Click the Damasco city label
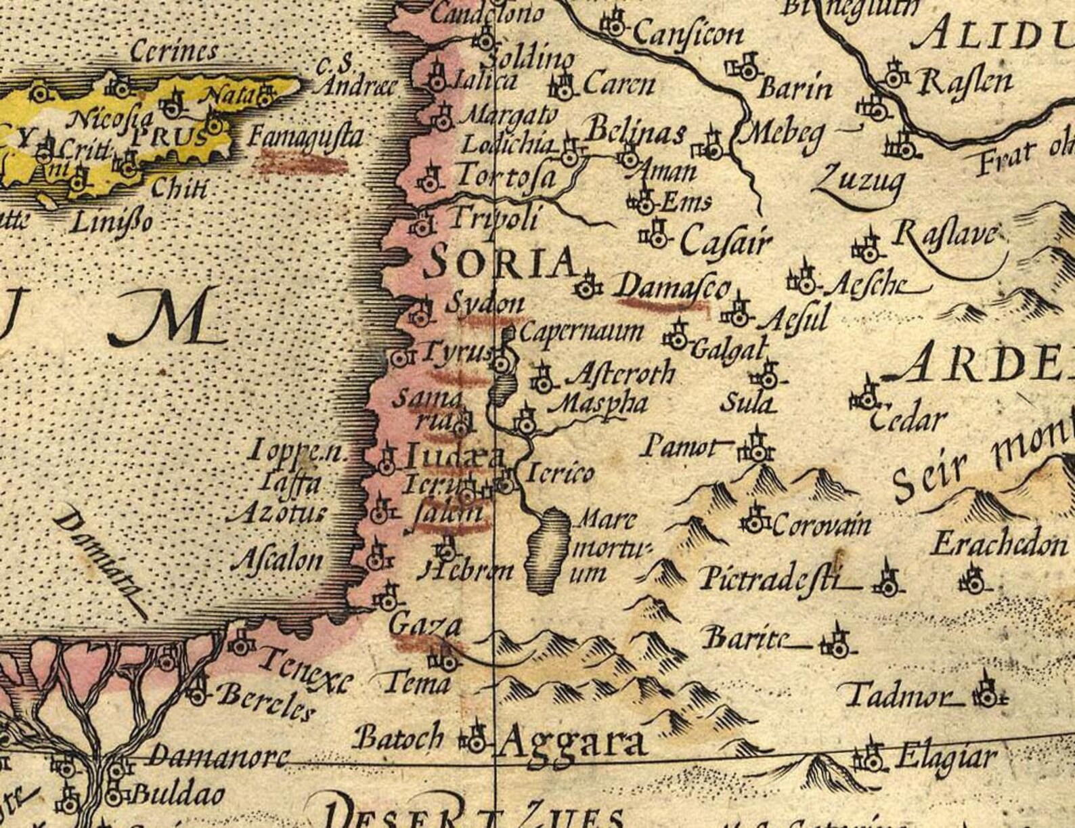[x=670, y=287]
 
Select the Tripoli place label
[x=496, y=218]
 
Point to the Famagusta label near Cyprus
[x=305, y=137]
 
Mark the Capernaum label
[x=581, y=332]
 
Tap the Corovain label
[x=820, y=525]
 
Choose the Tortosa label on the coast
[x=505, y=177]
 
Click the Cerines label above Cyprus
[x=173, y=51]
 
